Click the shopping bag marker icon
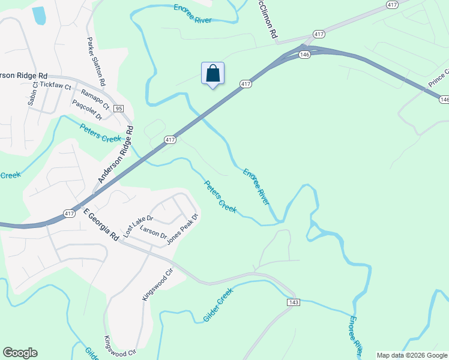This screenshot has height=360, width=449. (x=212, y=74)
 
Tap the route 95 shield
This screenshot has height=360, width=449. (x=119, y=109)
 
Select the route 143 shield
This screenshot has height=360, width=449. (x=292, y=302)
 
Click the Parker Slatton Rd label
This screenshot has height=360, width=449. (x=96, y=62)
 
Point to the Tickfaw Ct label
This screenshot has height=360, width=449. (x=56, y=86)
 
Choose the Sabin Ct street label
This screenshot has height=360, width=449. (x=32, y=94)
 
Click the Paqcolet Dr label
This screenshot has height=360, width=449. (x=86, y=109)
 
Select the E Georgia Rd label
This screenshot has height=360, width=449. (x=100, y=225)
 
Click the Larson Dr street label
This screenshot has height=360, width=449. (x=152, y=232)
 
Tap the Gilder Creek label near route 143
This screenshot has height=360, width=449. (x=217, y=303)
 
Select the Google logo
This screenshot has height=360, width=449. (x=20, y=353)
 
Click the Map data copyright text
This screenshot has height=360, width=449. (x=412, y=355)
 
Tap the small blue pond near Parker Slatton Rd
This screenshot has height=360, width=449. (x=39, y=16)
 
